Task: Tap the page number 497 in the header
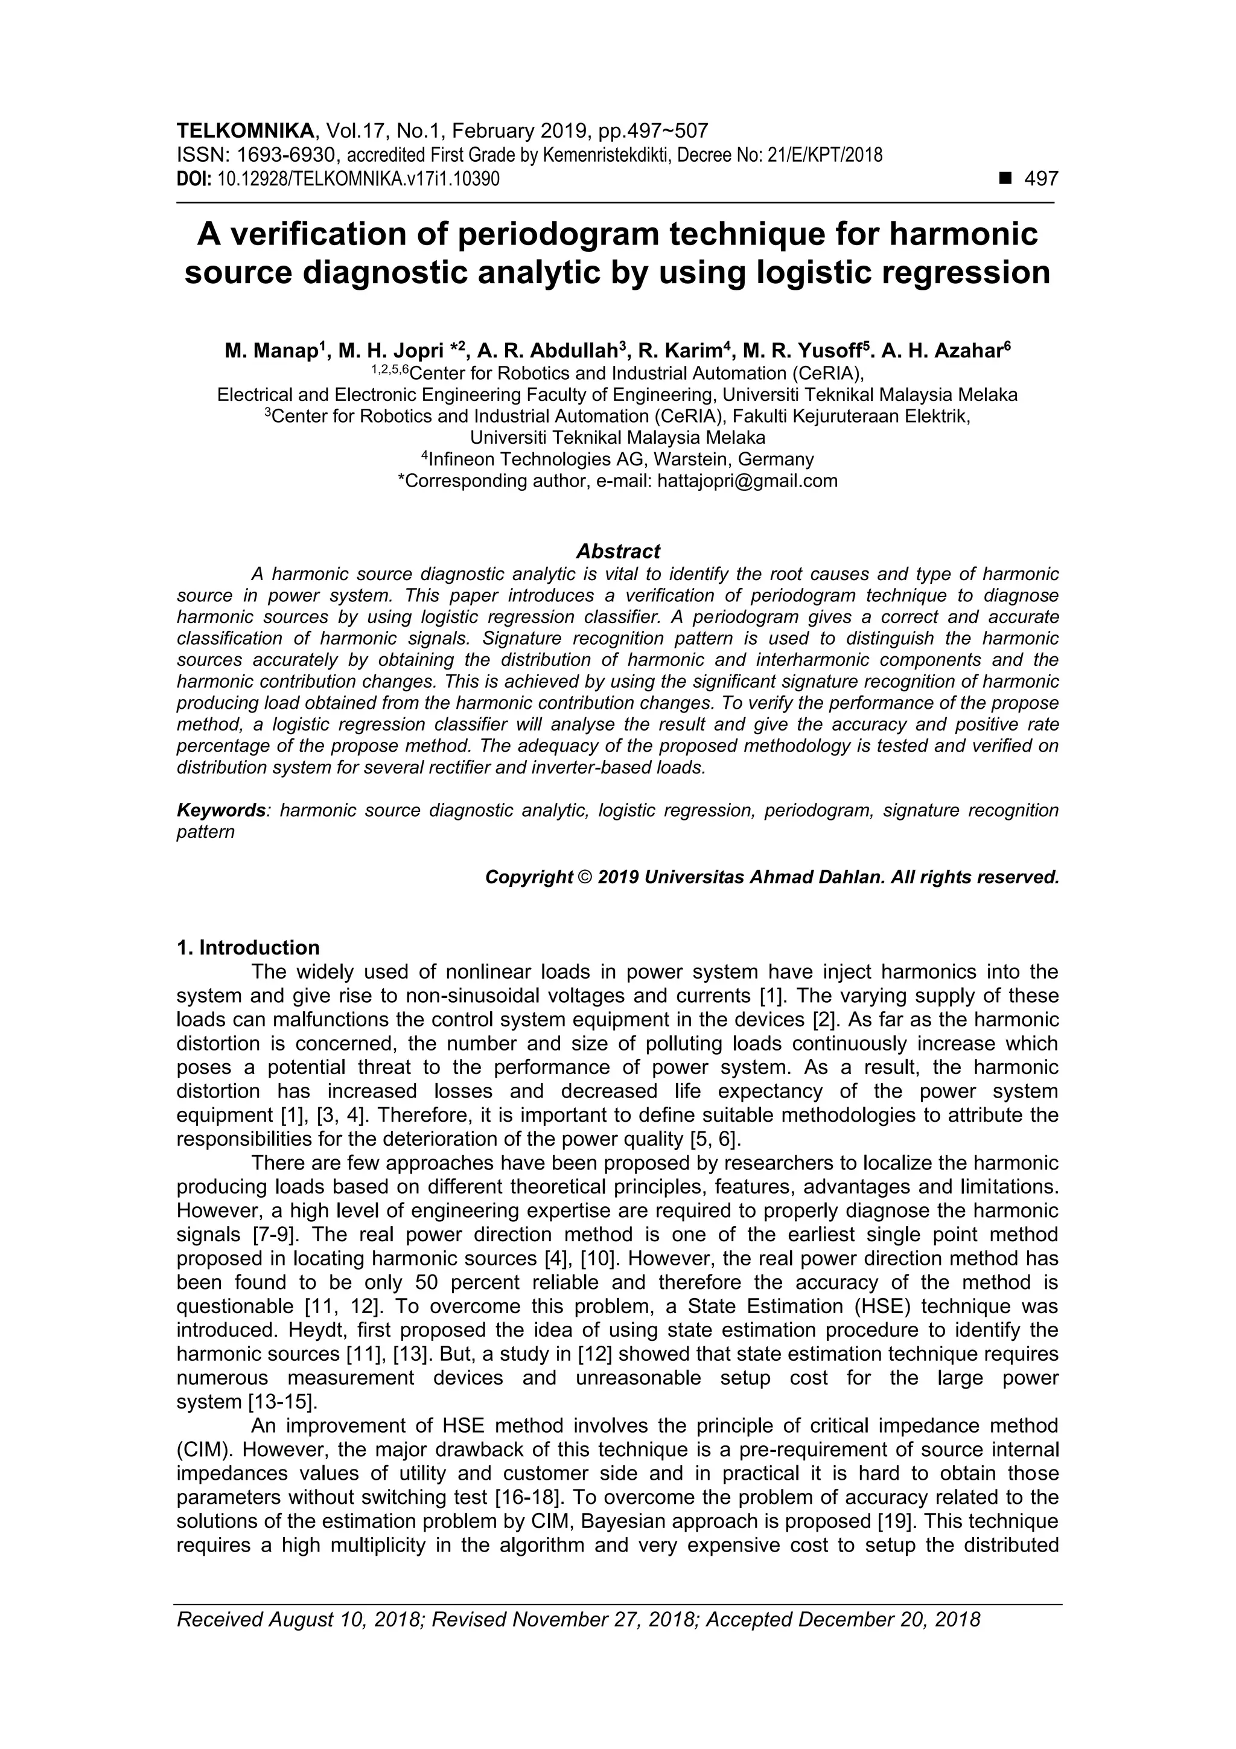pos(1041,179)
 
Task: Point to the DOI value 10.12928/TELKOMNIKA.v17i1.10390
pos(358,180)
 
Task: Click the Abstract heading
pos(617,551)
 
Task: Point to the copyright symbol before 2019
pos(585,878)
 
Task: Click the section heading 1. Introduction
pos(248,948)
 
